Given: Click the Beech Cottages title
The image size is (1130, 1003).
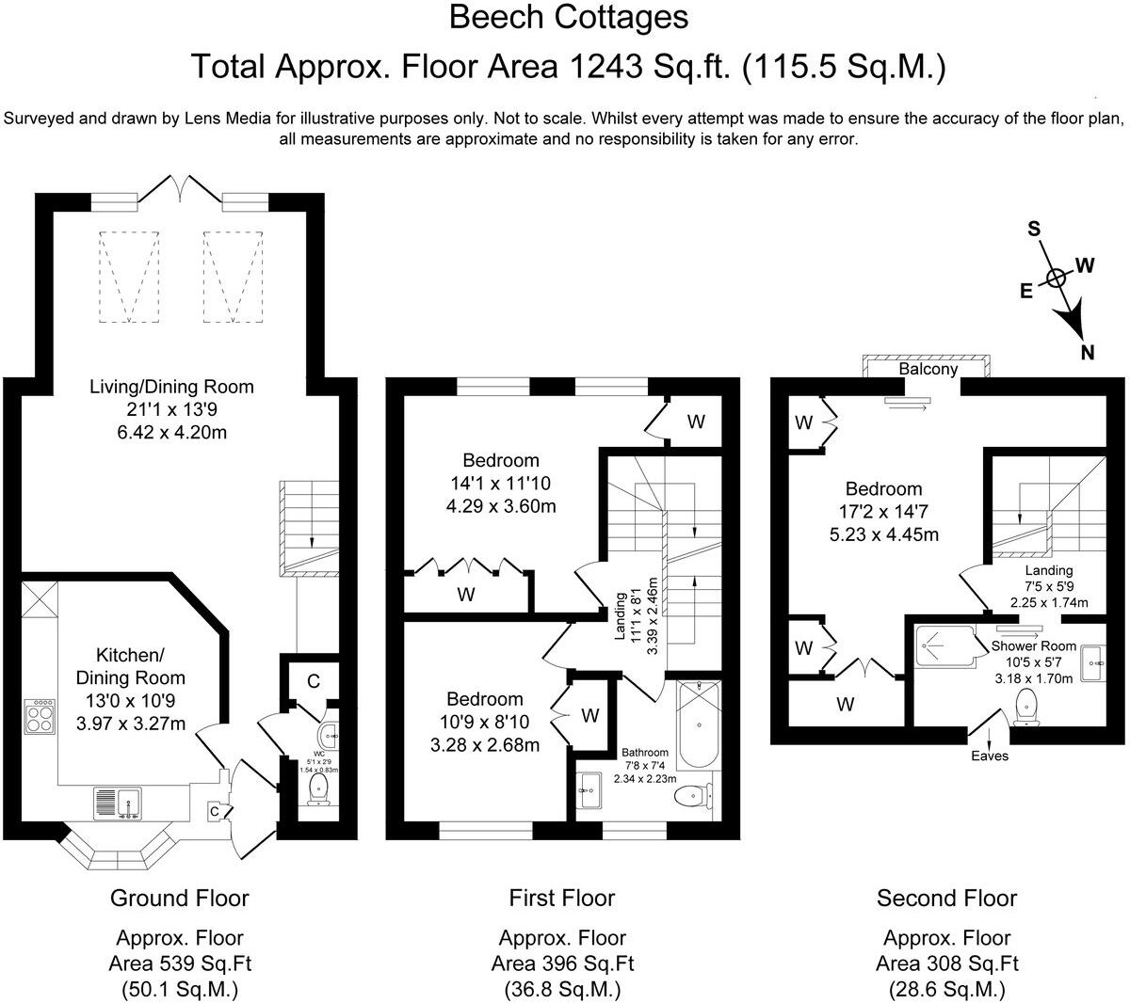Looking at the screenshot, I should point(568,17).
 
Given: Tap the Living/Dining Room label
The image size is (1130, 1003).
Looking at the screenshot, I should point(171,386).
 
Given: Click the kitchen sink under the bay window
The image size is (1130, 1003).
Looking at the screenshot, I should point(117,803).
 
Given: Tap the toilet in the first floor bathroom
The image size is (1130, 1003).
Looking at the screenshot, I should point(694,797).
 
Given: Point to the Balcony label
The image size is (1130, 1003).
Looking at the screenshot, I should point(928,370).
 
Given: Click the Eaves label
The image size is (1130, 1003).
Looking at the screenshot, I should point(990,756).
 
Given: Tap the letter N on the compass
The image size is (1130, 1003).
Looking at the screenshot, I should point(1088,353).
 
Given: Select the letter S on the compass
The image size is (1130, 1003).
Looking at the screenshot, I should point(1033,229).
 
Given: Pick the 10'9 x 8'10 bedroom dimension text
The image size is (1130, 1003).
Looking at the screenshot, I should point(485,723).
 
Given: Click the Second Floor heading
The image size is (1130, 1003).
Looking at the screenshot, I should point(946,898).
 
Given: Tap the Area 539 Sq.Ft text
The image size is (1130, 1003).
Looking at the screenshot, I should point(180,963).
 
